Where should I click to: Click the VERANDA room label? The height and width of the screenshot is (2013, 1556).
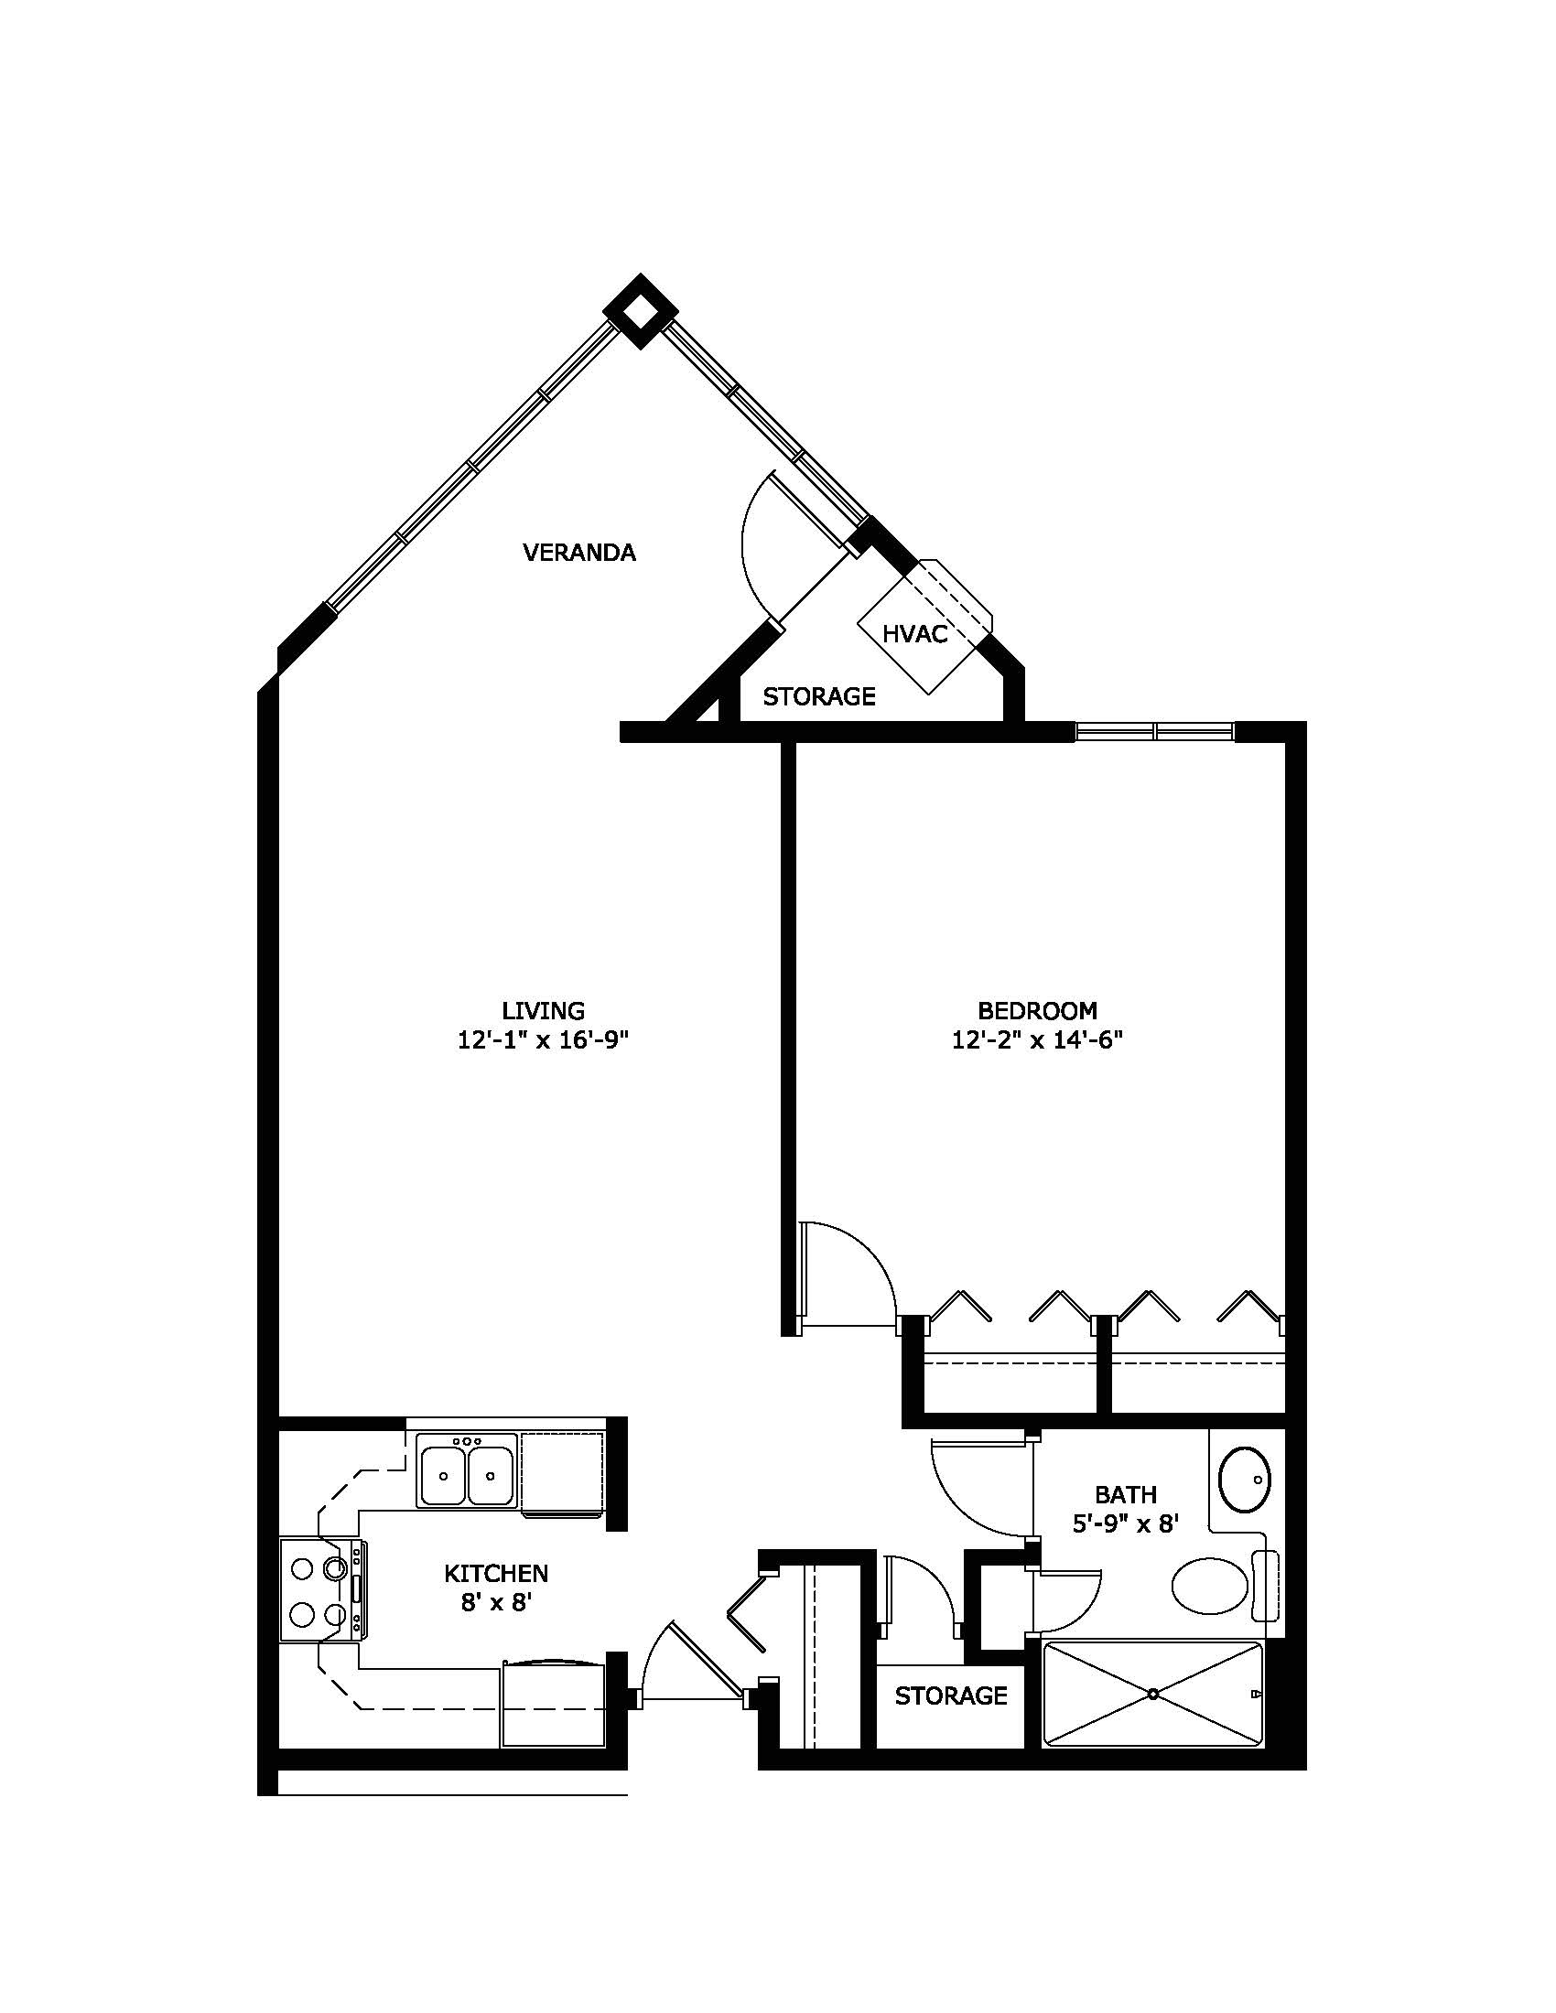[x=578, y=552]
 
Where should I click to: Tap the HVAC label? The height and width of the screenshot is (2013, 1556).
[x=914, y=634]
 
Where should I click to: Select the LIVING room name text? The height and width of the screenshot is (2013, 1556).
[x=543, y=1010]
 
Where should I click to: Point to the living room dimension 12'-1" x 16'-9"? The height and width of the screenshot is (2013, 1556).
[x=543, y=1040]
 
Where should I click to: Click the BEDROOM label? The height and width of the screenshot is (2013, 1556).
[x=1037, y=1010]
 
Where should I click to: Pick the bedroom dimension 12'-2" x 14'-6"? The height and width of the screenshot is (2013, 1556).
[x=1037, y=1040]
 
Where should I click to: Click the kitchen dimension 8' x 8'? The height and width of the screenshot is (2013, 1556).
[x=498, y=1603]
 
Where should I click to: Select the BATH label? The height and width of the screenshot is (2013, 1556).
[x=1126, y=1493]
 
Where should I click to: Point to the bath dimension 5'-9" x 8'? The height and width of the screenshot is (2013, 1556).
[x=1126, y=1523]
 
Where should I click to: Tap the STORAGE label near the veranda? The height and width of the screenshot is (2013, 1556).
[x=818, y=697]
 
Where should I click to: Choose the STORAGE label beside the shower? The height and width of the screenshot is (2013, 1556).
[x=950, y=1695]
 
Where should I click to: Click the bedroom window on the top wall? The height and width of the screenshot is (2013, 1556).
[x=1155, y=732]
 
